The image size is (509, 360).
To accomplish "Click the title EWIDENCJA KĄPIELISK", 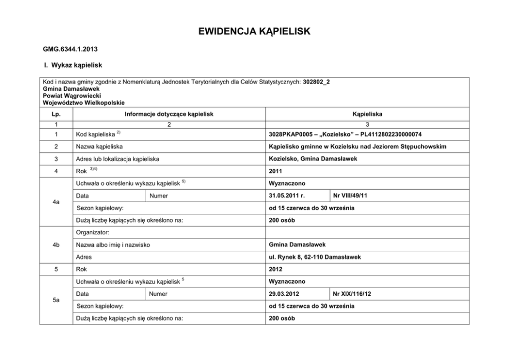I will (x=254, y=32).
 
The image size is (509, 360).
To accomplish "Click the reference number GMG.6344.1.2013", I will (x=70, y=50).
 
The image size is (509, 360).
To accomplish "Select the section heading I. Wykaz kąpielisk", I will (x=73, y=66).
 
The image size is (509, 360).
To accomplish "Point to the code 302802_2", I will (x=317, y=82).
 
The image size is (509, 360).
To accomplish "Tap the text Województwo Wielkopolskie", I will (x=84, y=102).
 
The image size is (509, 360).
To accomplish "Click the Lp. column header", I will (x=56, y=114).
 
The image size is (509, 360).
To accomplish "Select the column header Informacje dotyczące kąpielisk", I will (x=169, y=114).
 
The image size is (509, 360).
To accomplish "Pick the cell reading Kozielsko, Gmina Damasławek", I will (x=313, y=159).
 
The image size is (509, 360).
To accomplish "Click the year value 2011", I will (x=276, y=171).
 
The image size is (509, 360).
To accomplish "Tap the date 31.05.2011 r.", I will (x=287, y=195).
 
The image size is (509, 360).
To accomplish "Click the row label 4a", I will (x=56, y=202).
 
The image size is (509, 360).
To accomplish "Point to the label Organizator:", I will (x=93, y=232).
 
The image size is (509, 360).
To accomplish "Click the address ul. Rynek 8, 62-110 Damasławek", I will (x=315, y=256).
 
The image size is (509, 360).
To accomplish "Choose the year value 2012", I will (x=276, y=269).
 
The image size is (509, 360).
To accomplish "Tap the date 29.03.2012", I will (x=284, y=294).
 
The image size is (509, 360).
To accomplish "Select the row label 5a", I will (x=56, y=301).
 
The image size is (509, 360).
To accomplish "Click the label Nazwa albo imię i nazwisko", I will (x=113, y=245).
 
